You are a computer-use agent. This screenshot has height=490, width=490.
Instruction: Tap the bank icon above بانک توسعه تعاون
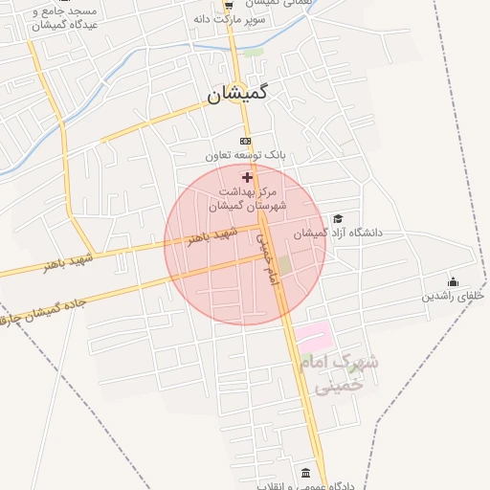(x=247, y=140)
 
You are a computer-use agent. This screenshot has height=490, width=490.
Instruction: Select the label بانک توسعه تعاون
(x=247, y=154)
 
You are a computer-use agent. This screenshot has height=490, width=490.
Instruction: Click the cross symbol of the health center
(x=248, y=178)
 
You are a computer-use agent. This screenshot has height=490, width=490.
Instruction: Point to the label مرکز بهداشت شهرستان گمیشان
(x=247, y=199)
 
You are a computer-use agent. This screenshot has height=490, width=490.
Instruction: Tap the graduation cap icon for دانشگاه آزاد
(x=337, y=219)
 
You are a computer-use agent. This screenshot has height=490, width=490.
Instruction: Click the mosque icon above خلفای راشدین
(x=453, y=282)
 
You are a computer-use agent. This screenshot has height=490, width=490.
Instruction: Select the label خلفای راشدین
(x=454, y=297)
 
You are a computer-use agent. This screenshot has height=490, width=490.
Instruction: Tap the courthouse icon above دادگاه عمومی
(x=305, y=473)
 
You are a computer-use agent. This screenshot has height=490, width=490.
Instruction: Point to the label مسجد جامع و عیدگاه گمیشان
(x=39, y=18)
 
